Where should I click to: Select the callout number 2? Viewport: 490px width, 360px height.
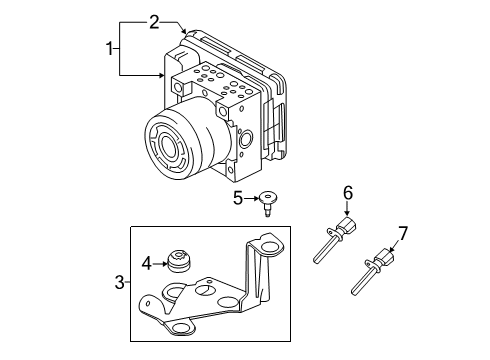coord(154,20)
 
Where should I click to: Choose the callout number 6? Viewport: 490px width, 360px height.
coord(348,192)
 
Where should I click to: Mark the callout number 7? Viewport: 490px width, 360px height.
coord(403,233)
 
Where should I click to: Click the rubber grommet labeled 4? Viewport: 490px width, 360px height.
coord(181,262)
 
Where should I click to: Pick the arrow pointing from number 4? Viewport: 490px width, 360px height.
coord(162,265)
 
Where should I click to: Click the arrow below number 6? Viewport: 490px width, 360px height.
coord(348,210)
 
